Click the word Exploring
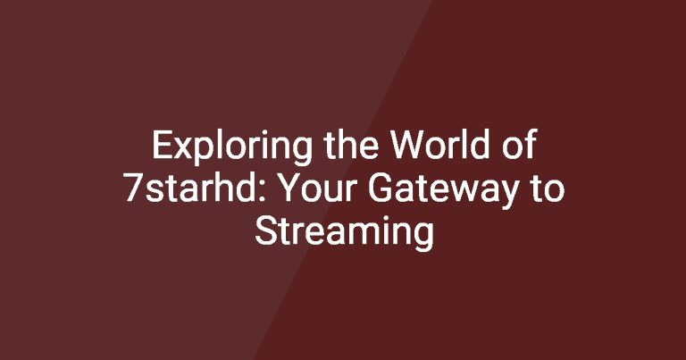[232, 147]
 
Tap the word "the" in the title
[351, 145]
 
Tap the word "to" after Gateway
[548, 189]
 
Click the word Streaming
[344, 233]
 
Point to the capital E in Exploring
[161, 145]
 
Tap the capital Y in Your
[291, 188]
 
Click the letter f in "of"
[530, 144]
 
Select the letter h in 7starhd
[231, 187]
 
